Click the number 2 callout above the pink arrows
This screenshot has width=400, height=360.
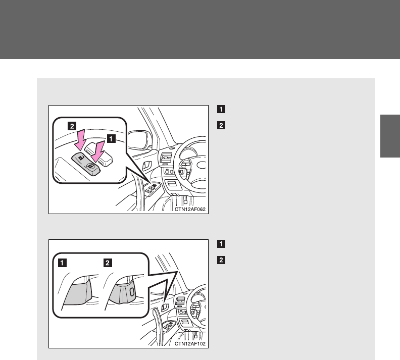(x=72, y=126)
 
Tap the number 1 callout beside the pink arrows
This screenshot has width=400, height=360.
(x=111, y=139)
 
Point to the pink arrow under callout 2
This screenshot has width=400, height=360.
(x=80, y=140)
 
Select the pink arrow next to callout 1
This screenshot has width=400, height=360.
(x=98, y=151)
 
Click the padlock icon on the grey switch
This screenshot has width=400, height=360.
(x=81, y=158)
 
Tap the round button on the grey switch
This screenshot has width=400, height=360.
(x=90, y=166)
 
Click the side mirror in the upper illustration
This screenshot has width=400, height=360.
(x=138, y=140)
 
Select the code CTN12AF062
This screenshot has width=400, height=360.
(x=190, y=210)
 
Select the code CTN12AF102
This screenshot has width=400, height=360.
(x=190, y=344)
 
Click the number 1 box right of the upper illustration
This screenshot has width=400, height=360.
(x=221, y=109)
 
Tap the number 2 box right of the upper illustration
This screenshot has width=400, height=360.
(x=221, y=125)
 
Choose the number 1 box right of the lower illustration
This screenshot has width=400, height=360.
(x=221, y=244)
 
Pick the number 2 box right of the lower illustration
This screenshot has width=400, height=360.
(x=221, y=260)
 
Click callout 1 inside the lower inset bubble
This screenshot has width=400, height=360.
(x=62, y=263)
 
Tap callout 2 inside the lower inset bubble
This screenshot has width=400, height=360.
(x=108, y=263)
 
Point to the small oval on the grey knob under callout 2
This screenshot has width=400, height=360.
(x=132, y=291)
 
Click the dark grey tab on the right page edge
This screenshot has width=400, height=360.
(x=390, y=136)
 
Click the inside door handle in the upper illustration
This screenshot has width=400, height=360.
(x=147, y=166)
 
